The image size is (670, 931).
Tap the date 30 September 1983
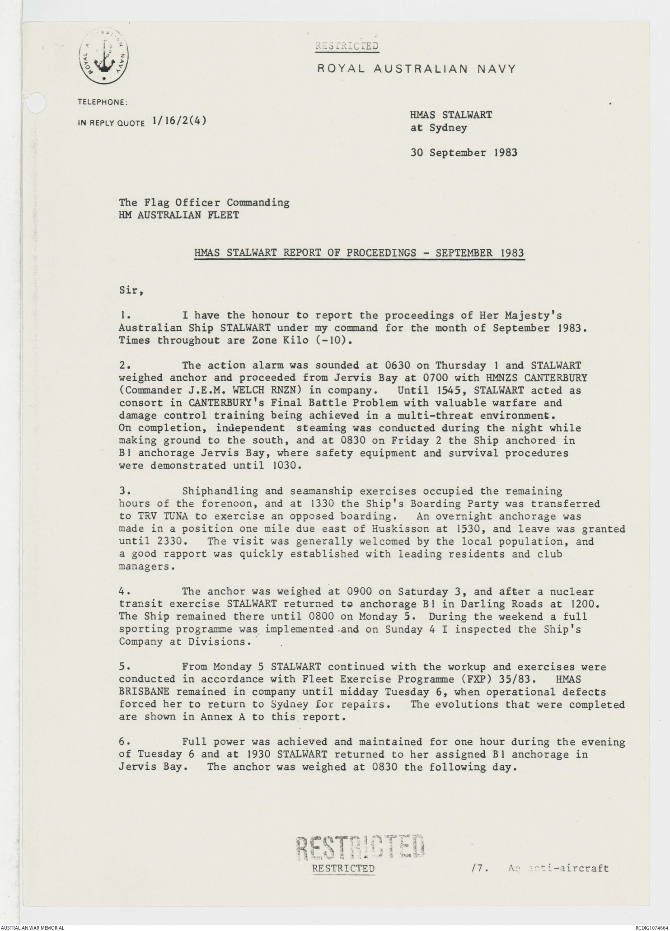(x=464, y=153)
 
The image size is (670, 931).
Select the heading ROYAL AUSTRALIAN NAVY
(x=416, y=69)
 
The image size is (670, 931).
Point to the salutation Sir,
(x=131, y=291)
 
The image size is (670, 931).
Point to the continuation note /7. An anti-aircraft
(x=540, y=868)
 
